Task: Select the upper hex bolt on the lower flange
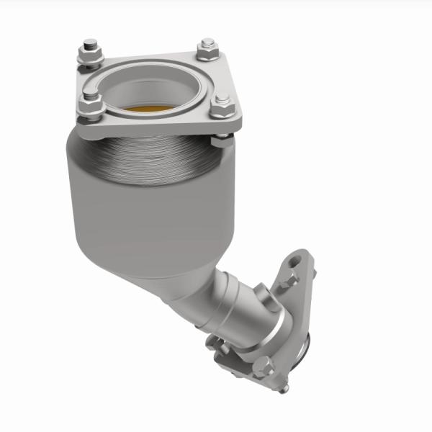(291, 279)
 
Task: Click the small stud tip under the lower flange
(284, 390)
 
